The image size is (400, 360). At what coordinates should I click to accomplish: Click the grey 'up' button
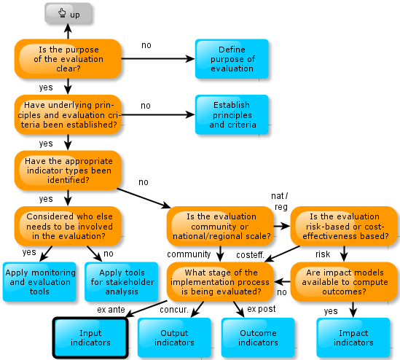pos(68,13)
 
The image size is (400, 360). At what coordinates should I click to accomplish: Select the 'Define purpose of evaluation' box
pos(232,59)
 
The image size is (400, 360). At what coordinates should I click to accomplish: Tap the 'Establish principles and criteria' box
pos(232,114)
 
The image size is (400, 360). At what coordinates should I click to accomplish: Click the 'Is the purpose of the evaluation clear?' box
pos(68,59)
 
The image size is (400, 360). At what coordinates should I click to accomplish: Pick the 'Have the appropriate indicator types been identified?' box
pos(68,171)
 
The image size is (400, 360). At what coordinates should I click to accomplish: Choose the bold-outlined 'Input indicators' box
pos(90,337)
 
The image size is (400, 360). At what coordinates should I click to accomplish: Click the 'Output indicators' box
pos(174,337)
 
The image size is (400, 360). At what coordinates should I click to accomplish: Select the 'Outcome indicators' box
pos(258,337)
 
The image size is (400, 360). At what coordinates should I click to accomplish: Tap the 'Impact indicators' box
pos(353,337)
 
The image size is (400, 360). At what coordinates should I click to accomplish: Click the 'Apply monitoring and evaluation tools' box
pos(39,282)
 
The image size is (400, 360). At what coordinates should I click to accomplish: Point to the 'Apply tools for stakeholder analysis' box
pos(122,282)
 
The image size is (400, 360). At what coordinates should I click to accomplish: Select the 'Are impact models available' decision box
pos(344,282)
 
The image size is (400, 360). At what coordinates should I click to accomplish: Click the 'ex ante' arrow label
pos(111,310)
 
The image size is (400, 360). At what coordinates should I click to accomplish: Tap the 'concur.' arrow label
pos(174,310)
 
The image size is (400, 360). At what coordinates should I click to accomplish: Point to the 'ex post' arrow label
pos(262,309)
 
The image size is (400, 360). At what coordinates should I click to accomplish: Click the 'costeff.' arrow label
pos(250,255)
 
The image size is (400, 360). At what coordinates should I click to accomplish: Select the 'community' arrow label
pos(189,254)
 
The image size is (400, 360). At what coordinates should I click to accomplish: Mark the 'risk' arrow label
pos(323,254)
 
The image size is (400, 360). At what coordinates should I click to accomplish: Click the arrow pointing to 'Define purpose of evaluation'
pos(158,59)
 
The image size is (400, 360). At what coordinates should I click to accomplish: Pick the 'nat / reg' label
pos(280,201)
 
